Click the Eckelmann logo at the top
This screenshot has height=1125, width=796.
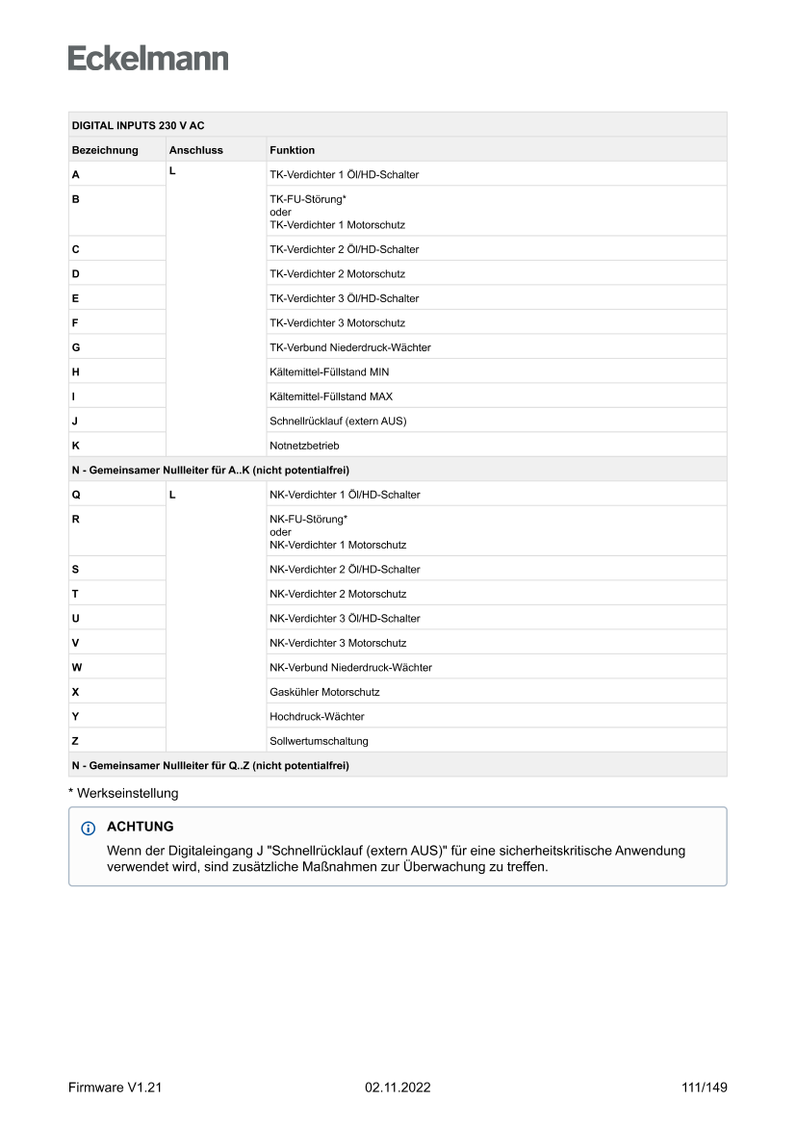(x=148, y=58)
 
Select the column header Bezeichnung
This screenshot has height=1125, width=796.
(x=105, y=150)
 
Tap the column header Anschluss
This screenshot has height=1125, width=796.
(x=195, y=150)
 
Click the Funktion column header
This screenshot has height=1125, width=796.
(x=292, y=150)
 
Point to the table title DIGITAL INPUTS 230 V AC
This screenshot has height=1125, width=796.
(x=138, y=126)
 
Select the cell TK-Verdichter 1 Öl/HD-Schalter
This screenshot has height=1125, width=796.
(x=344, y=175)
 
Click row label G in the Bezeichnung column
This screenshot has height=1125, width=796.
(x=76, y=347)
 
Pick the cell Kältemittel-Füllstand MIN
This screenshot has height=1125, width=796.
(x=329, y=371)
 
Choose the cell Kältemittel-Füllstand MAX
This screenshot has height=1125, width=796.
(x=331, y=396)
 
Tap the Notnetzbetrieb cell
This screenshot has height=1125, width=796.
(x=304, y=446)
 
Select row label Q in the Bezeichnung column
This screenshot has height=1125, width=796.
(x=76, y=495)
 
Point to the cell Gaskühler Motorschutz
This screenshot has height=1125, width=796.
(x=324, y=692)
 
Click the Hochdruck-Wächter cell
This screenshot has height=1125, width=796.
(x=317, y=717)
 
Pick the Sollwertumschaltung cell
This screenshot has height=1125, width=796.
(x=319, y=741)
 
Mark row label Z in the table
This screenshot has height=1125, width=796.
(x=75, y=741)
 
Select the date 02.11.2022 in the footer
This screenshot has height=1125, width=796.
(x=398, y=1087)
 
